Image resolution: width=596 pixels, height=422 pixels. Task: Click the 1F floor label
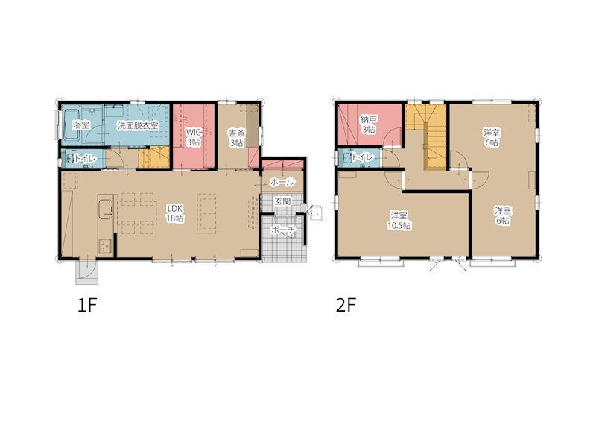tap(87, 305)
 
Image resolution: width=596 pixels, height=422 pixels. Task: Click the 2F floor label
tap(346, 305)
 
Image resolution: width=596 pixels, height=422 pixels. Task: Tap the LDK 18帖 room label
tap(175, 213)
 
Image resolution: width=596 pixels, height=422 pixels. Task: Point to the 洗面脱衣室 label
tap(138, 125)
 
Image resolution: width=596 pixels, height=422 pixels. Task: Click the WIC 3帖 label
tap(193, 137)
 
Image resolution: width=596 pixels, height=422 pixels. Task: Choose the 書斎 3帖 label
tap(236, 138)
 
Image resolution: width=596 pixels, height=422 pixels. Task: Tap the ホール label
tap(282, 182)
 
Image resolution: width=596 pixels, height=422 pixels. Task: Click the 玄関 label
tap(283, 201)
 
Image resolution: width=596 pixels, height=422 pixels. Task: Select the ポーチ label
tap(283, 230)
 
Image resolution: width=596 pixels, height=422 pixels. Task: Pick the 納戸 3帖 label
tap(369, 125)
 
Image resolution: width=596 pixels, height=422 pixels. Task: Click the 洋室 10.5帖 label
tap(399, 221)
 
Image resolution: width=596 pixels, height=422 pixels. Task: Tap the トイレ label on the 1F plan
tap(85, 158)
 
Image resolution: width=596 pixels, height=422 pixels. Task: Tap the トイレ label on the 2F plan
tap(362, 157)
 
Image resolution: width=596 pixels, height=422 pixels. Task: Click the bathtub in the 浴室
tap(71, 125)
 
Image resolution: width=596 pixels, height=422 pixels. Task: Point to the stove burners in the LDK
tap(105, 246)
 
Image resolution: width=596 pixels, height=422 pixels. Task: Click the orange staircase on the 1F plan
tap(153, 157)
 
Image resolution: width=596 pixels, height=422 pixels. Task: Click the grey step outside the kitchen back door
tap(87, 273)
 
